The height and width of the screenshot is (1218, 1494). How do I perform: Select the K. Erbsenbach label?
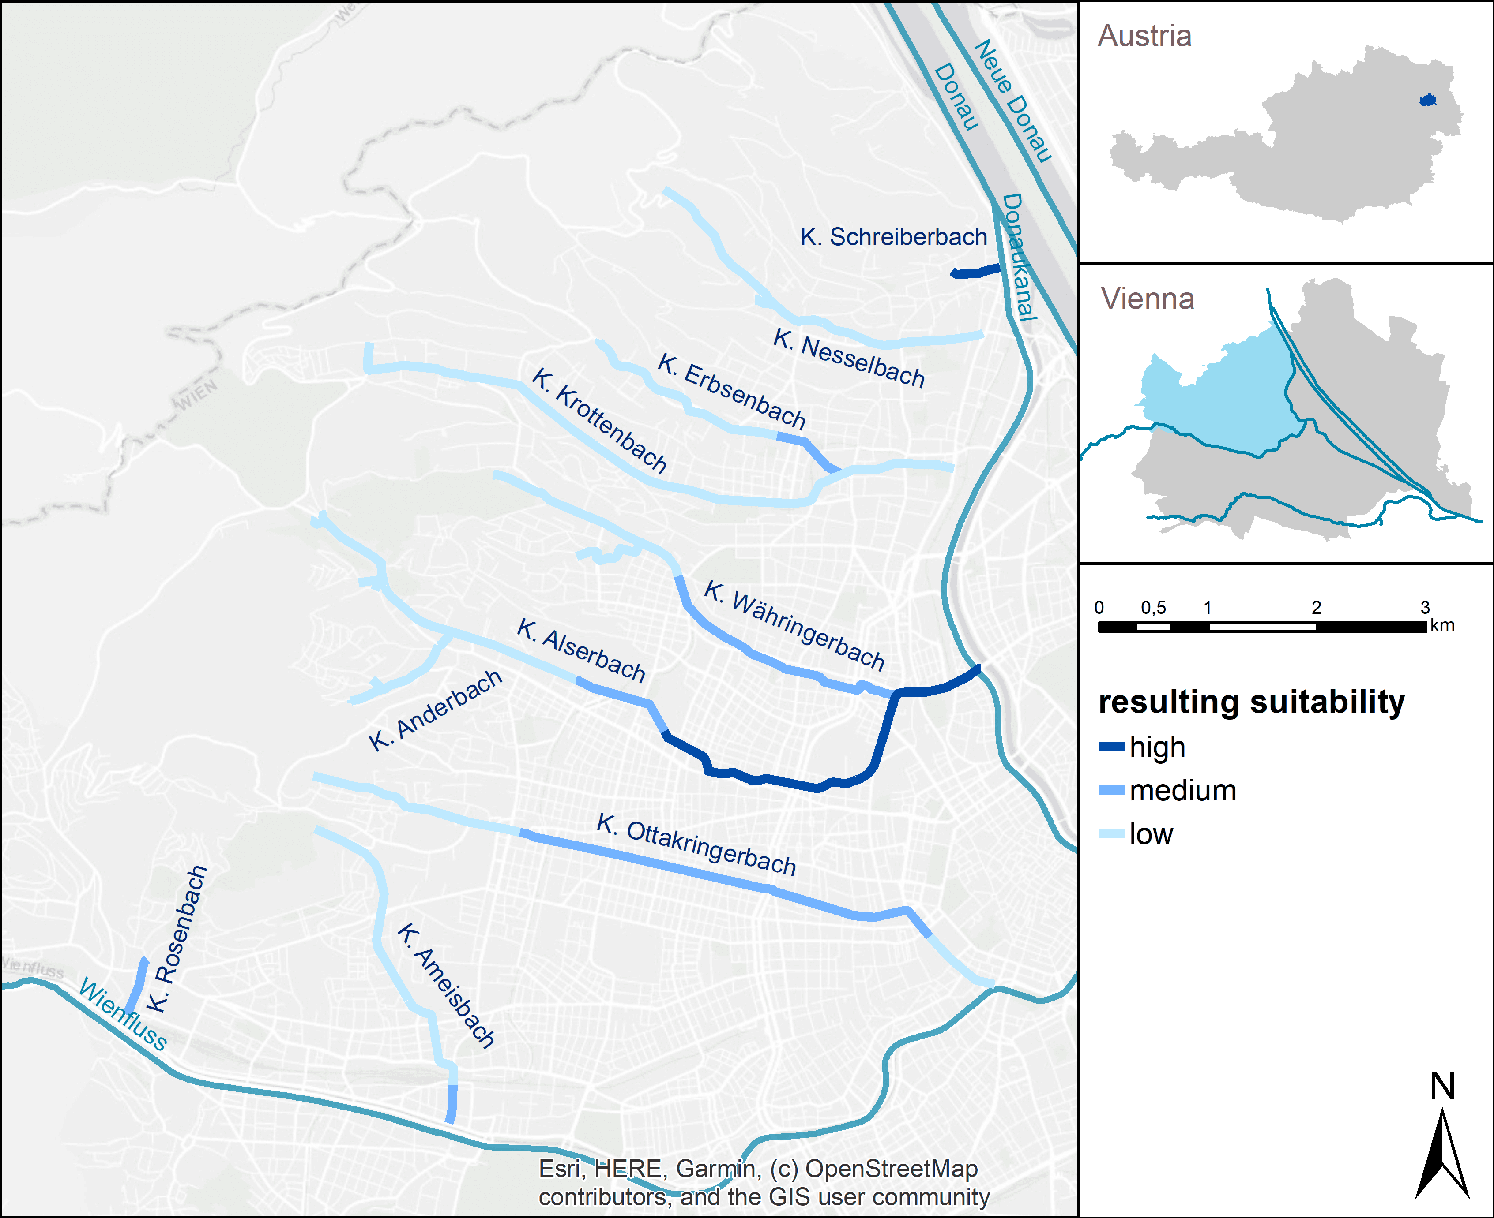732,392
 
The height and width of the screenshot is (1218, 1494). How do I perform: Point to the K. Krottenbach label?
599,419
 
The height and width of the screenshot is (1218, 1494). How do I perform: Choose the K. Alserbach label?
581,650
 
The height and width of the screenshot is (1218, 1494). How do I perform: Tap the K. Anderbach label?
435,710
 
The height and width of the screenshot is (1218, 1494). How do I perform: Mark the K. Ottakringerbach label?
696,845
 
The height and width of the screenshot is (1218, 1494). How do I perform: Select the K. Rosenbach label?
177,939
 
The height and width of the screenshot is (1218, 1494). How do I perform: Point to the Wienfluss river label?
123,1014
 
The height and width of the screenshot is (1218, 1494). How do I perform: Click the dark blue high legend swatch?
1111,747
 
